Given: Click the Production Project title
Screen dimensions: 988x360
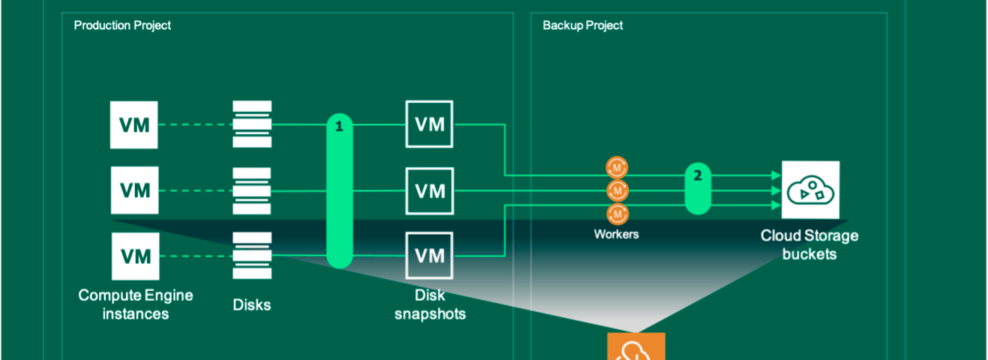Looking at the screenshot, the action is tap(122, 25).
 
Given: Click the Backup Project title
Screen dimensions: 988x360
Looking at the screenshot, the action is tap(582, 25).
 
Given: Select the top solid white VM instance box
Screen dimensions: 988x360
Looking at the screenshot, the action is tap(134, 124).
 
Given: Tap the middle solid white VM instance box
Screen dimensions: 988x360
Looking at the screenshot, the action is tap(134, 190).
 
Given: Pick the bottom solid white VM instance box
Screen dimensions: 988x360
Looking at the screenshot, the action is tap(136, 256).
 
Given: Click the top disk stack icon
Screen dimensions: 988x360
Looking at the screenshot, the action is tap(253, 124).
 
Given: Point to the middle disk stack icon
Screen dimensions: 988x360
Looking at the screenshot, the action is tap(252, 191).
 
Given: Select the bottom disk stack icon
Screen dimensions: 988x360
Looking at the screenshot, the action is tap(253, 256).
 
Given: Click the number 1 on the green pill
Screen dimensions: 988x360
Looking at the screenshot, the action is tap(339, 127).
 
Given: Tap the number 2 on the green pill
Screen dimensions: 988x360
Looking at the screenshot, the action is tap(698, 175).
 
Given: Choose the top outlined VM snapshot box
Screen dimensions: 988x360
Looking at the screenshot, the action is tap(430, 124).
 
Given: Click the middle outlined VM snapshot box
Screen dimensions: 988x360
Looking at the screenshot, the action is tap(430, 191).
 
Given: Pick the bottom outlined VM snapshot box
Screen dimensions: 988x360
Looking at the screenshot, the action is tap(430, 256).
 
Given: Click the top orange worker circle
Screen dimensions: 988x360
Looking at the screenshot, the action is tap(617, 168).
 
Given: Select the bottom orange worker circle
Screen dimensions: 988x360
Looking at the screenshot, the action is tap(618, 214).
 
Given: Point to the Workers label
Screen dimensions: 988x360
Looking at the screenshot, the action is tap(616, 234).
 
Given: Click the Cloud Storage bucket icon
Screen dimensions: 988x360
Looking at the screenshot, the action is tap(810, 190).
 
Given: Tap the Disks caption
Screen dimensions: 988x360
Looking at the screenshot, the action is tap(252, 304).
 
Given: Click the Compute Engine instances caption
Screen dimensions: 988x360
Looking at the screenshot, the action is tap(136, 304).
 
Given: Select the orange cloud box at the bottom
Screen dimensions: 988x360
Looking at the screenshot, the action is tap(636, 346).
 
